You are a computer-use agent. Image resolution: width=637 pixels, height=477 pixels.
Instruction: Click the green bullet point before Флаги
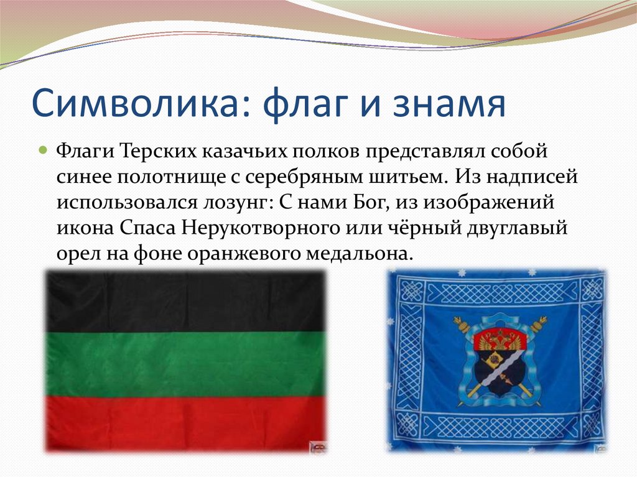click(x=44, y=151)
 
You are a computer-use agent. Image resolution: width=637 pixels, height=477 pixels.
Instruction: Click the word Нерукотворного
click(x=261, y=228)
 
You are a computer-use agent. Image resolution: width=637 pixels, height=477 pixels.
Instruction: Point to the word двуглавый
click(x=517, y=228)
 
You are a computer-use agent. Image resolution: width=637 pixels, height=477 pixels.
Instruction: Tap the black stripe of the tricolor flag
click(x=186, y=302)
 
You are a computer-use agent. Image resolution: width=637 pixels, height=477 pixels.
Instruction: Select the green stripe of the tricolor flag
click(x=186, y=364)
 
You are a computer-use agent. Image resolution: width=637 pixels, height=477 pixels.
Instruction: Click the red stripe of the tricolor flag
click(x=186, y=422)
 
